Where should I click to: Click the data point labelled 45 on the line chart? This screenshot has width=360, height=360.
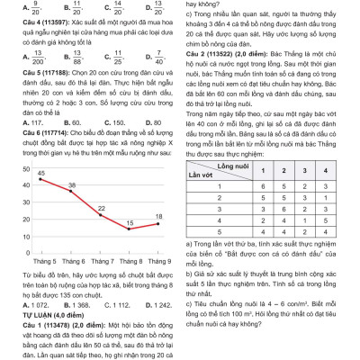(41, 179)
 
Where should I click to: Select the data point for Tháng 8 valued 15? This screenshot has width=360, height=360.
(129, 229)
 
